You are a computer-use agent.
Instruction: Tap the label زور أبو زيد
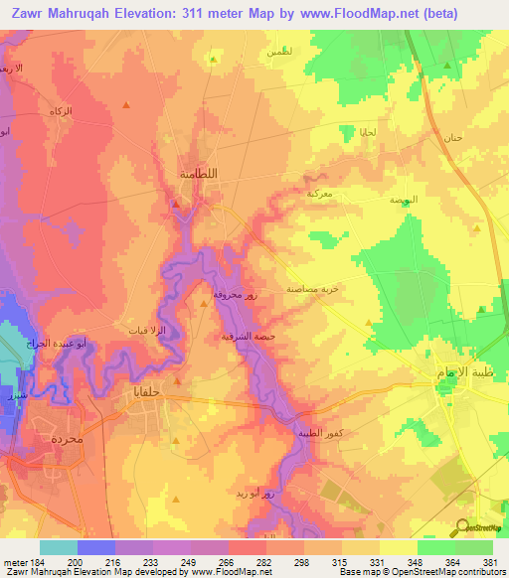294,494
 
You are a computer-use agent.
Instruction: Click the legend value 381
491,563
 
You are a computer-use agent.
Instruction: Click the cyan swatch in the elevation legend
58,547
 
